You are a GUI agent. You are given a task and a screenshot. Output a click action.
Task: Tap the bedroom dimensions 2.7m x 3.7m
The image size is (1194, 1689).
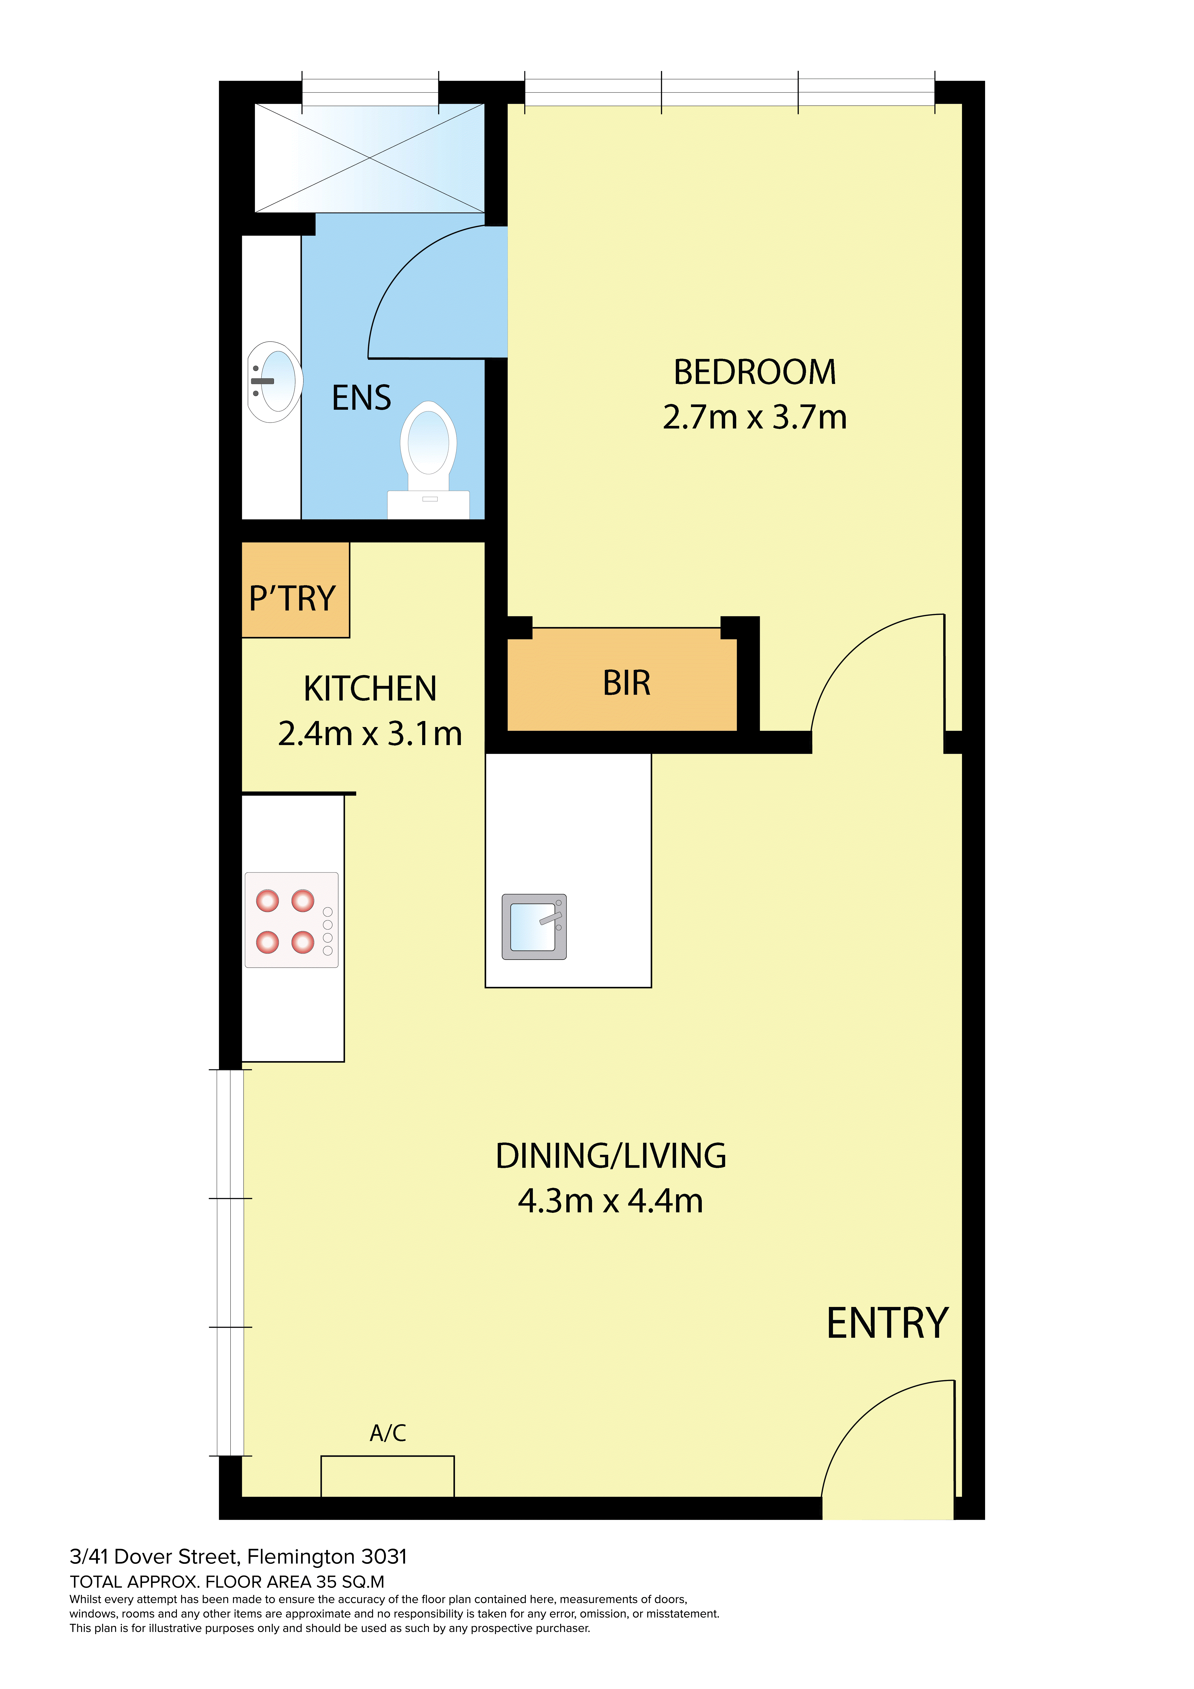tap(755, 417)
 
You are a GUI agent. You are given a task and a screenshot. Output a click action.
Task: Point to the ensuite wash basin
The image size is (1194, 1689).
tap(274, 382)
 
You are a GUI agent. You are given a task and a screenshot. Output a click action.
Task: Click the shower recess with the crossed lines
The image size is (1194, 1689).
tap(369, 158)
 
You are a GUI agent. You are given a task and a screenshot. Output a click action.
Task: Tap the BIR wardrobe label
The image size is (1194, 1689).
tap(627, 683)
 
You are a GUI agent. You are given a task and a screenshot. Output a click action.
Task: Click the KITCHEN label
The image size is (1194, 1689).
tap(370, 689)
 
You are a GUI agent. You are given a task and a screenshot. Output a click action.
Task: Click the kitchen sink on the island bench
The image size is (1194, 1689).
tap(534, 927)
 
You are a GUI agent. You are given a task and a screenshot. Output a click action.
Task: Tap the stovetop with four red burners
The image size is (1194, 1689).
tap(291, 920)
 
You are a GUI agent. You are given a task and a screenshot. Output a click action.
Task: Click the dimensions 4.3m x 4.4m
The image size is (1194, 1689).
tap(611, 1201)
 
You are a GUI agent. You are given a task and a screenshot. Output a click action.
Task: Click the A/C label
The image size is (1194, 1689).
tap(388, 1433)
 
